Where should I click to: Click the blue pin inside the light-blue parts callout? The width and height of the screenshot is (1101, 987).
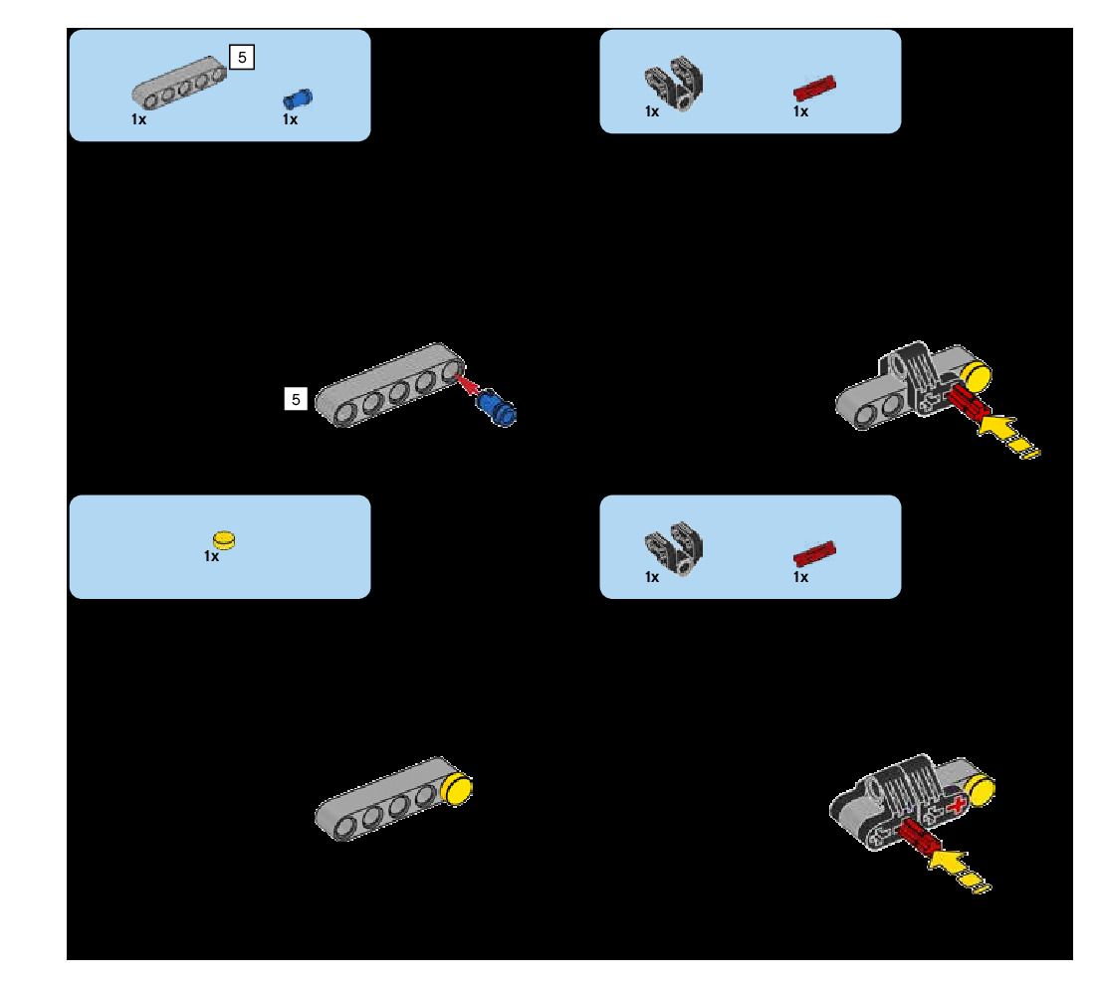pyautogui.click(x=298, y=98)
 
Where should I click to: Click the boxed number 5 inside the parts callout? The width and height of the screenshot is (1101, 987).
pyautogui.click(x=242, y=58)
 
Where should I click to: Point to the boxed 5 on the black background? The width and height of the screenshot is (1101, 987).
pyautogui.click(x=295, y=399)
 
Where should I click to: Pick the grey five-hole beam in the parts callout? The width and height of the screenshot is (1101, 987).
pyautogui.click(x=178, y=82)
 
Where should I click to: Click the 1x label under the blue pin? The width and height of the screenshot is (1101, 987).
pyautogui.click(x=290, y=119)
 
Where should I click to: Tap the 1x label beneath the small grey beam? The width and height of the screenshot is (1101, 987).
pyautogui.click(x=138, y=118)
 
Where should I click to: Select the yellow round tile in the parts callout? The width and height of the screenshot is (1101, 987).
pyautogui.click(x=227, y=538)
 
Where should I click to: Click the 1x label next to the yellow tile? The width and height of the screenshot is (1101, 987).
pyautogui.click(x=211, y=556)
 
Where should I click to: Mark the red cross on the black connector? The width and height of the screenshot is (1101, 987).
pyautogui.click(x=957, y=806)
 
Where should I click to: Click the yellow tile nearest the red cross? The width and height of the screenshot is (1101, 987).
pyautogui.click(x=981, y=790)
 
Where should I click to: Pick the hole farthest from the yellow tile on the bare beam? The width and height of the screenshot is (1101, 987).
pyautogui.click(x=347, y=826)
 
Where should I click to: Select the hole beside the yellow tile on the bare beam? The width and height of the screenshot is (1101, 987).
pyautogui.click(x=426, y=795)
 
